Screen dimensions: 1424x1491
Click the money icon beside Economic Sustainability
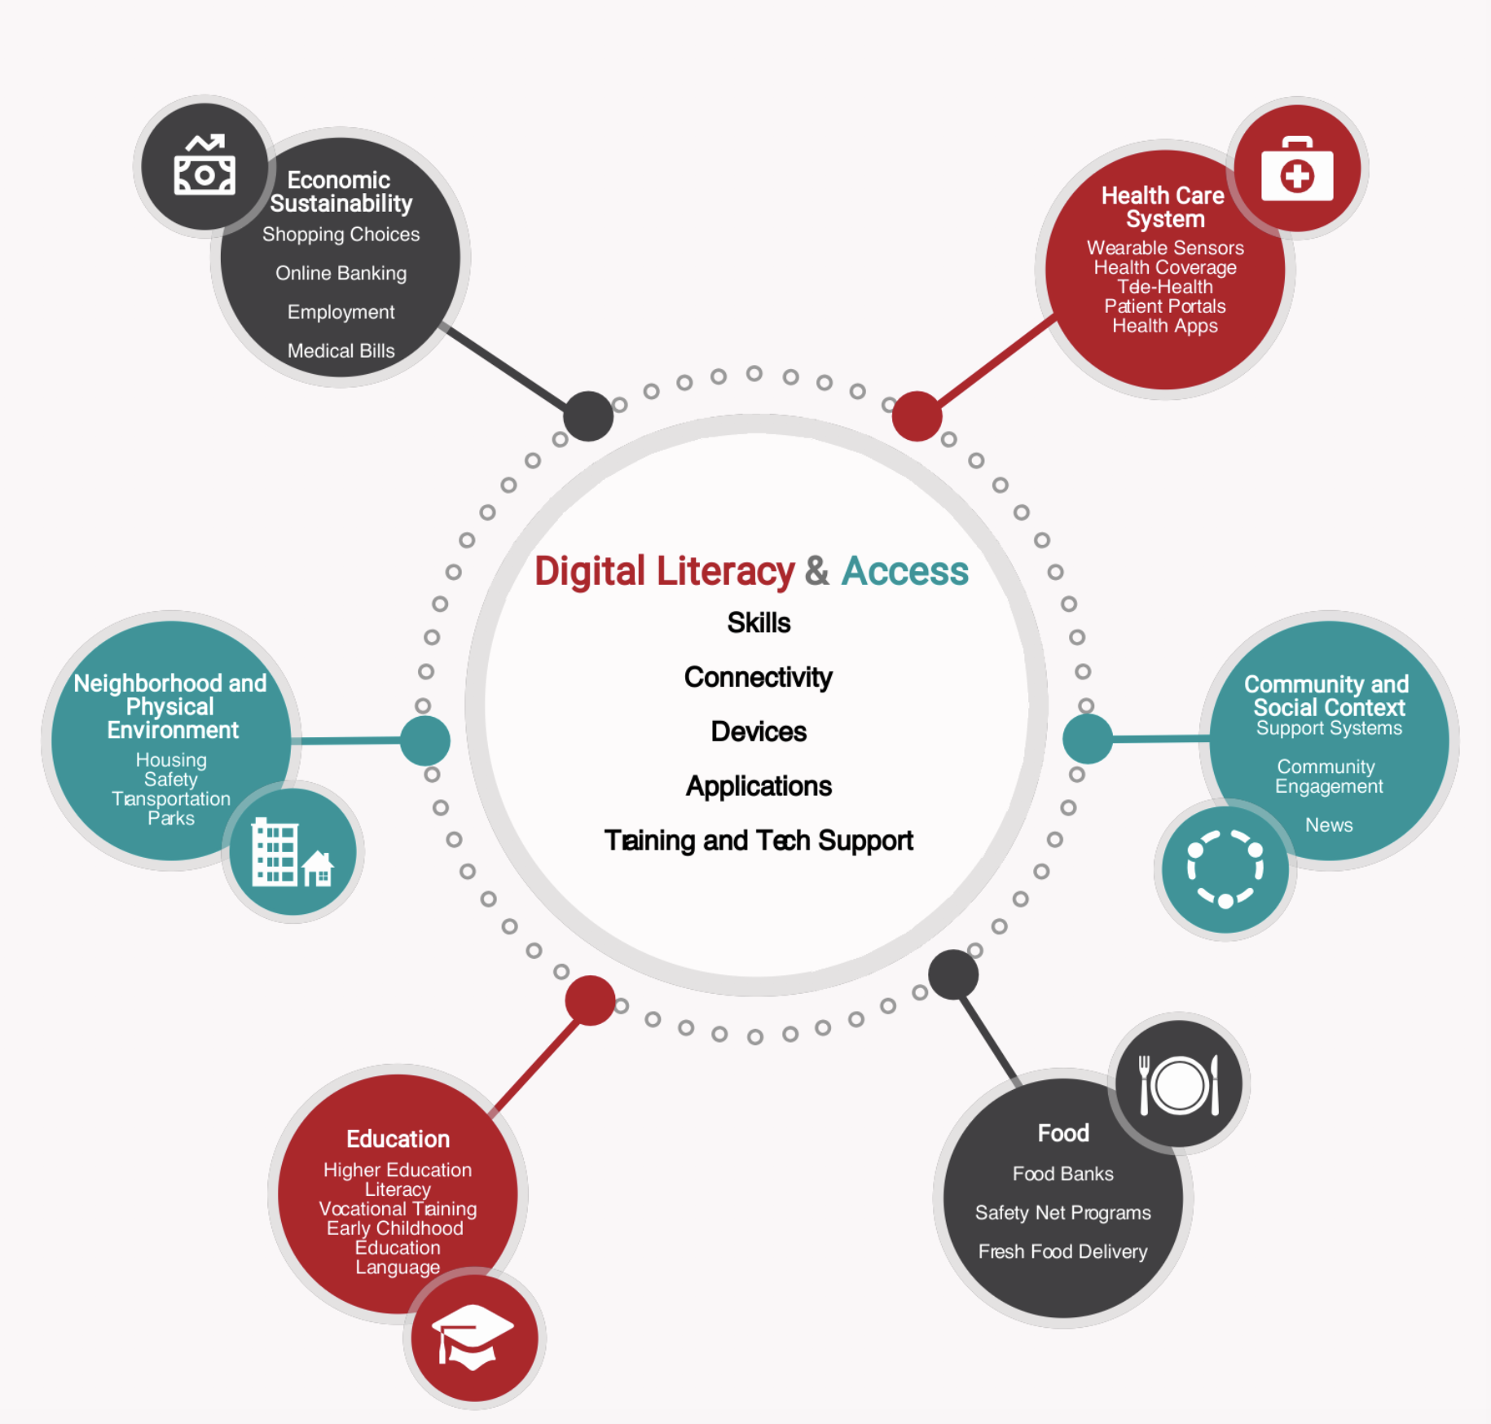(205, 166)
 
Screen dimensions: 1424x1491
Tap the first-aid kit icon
(1297, 169)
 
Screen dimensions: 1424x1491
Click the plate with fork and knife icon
(1178, 1084)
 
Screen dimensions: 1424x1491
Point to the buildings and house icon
(292, 852)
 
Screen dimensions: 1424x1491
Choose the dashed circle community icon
(1225, 868)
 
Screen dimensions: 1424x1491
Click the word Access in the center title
(904, 571)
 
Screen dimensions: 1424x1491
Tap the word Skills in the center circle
(759, 623)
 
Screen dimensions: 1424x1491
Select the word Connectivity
(758, 678)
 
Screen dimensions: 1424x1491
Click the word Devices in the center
(759, 732)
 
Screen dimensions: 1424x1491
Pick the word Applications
(759, 786)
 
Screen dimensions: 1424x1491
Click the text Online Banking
(341, 274)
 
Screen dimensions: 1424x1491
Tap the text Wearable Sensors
(1165, 248)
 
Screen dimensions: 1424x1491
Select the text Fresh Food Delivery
(1062, 1251)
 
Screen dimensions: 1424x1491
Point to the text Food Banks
(1062, 1174)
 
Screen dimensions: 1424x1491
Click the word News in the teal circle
(1329, 825)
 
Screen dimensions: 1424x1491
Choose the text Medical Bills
(341, 351)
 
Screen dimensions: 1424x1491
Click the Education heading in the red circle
(398, 1139)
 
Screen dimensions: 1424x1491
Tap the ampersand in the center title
(817, 571)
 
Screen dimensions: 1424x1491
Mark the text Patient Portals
(1164, 306)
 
